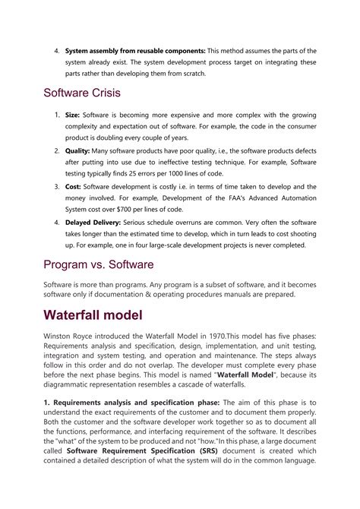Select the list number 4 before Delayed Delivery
(56, 222)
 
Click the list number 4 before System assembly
(56, 51)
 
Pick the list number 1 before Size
(56, 115)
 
